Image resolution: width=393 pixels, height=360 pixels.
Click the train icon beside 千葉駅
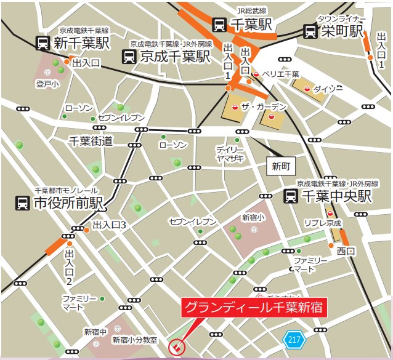219,24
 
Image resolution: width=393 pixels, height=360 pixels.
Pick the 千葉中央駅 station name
336,196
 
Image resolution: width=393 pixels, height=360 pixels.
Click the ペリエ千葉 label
280,74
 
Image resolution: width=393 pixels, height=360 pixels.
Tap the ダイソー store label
327,89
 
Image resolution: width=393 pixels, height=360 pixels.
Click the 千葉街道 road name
91,141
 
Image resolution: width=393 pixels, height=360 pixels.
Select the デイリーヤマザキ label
230,154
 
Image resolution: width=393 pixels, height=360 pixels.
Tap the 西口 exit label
346,251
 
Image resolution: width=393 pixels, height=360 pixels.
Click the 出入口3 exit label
109,226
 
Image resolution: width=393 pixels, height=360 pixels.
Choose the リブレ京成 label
323,223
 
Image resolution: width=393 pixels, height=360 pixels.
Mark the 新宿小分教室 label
134,340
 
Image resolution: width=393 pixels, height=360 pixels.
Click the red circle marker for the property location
176,348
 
